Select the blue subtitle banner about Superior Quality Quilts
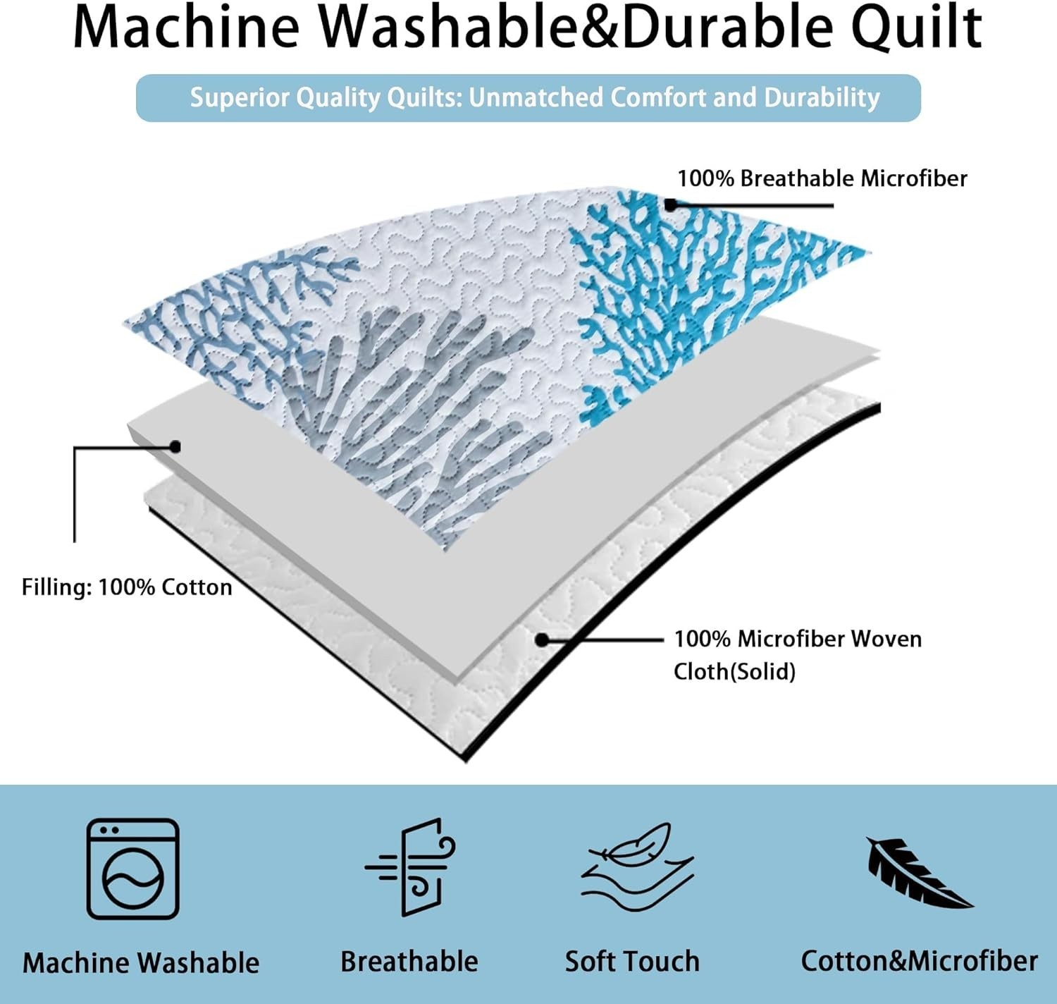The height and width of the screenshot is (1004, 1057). [x=528, y=98]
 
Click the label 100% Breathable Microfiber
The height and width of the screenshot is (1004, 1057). [x=822, y=178]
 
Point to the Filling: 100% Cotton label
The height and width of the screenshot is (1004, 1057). [x=127, y=587]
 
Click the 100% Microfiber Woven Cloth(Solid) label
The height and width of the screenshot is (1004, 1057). [x=798, y=655]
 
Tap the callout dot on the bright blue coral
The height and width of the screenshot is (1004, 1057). [x=670, y=205]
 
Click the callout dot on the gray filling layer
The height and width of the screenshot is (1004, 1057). [x=175, y=446]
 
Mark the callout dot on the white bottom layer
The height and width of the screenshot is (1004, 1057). [x=542, y=639]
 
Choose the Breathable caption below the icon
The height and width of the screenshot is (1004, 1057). [x=409, y=962]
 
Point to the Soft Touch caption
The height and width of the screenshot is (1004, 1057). [x=632, y=962]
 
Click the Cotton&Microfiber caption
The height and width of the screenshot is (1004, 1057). [x=920, y=962]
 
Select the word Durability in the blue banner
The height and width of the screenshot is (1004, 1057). [x=822, y=98]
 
